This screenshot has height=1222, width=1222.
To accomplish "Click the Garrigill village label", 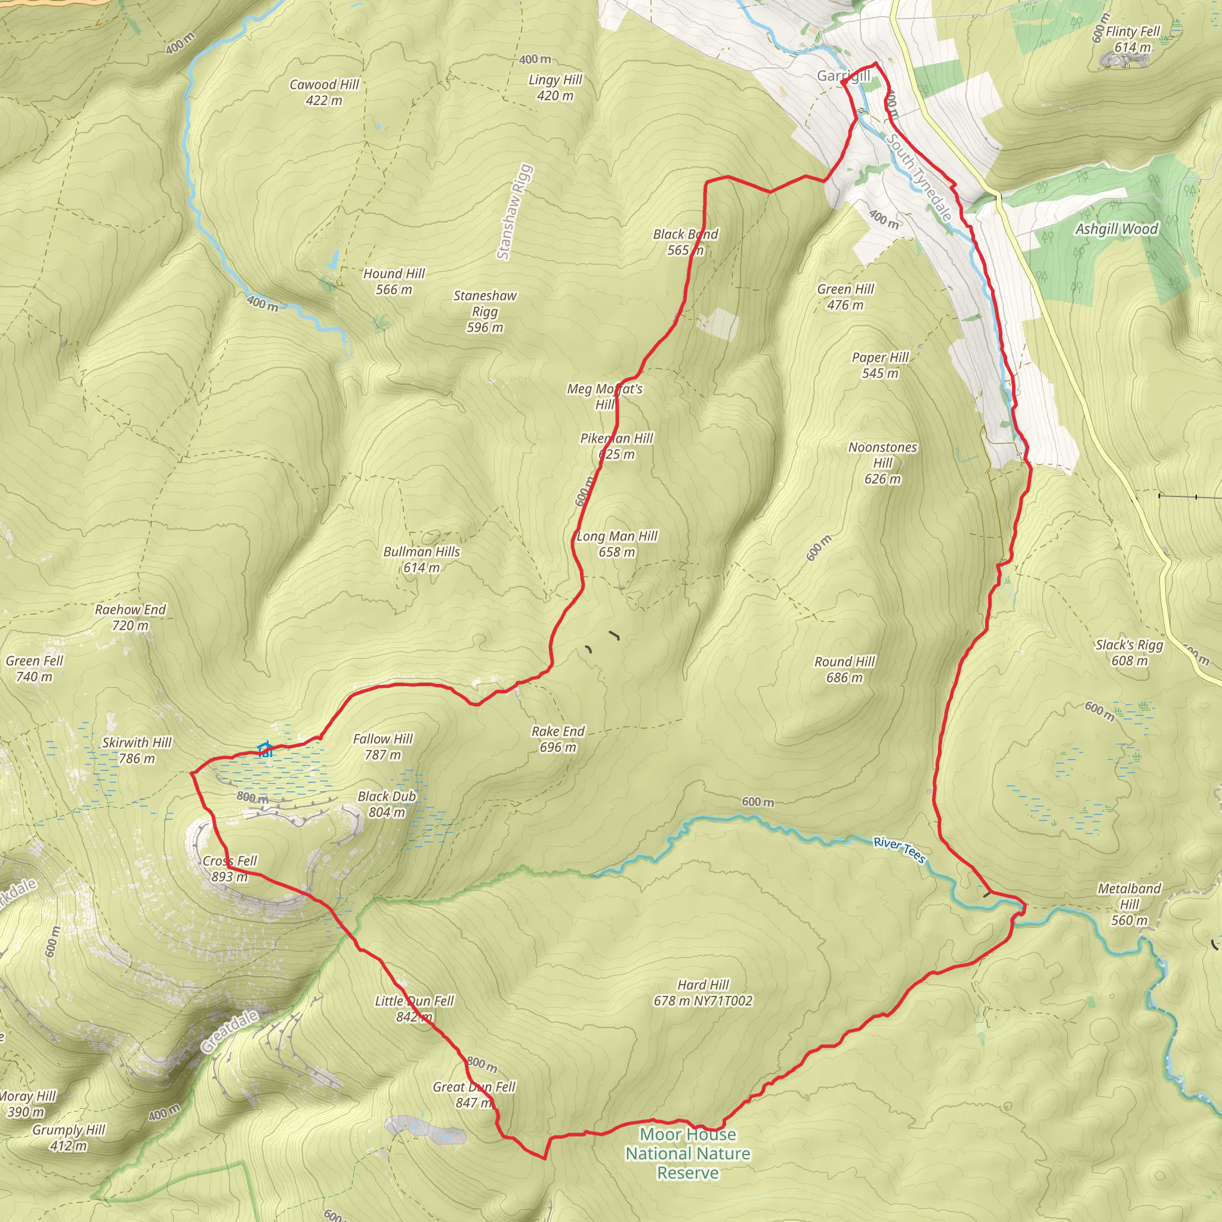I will (843, 76).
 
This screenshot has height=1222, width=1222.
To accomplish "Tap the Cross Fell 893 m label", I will (230, 868).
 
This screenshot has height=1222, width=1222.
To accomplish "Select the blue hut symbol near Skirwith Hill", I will (265, 750).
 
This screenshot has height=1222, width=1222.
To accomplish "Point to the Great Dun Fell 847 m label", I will (474, 1094).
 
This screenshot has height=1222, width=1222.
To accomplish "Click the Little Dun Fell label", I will (414, 1008).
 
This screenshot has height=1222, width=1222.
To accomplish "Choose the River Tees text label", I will (899, 850).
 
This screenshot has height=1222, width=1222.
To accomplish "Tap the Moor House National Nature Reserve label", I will (687, 1154).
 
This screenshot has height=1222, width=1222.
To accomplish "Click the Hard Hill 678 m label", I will (703, 992).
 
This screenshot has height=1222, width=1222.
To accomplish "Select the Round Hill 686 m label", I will (844, 669).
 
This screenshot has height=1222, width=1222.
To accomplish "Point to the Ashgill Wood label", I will (1116, 229).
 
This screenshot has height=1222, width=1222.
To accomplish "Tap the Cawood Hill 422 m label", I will (324, 92).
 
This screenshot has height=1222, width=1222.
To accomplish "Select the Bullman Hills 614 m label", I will (421, 559).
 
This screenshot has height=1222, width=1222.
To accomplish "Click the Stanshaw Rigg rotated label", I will (514, 212).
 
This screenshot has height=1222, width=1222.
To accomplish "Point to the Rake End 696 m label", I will (558, 739).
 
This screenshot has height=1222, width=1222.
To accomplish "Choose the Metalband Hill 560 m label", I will (1129, 904).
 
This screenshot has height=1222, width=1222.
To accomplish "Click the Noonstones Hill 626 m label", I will (882, 462).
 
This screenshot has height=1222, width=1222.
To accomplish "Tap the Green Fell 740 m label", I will (34, 668).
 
